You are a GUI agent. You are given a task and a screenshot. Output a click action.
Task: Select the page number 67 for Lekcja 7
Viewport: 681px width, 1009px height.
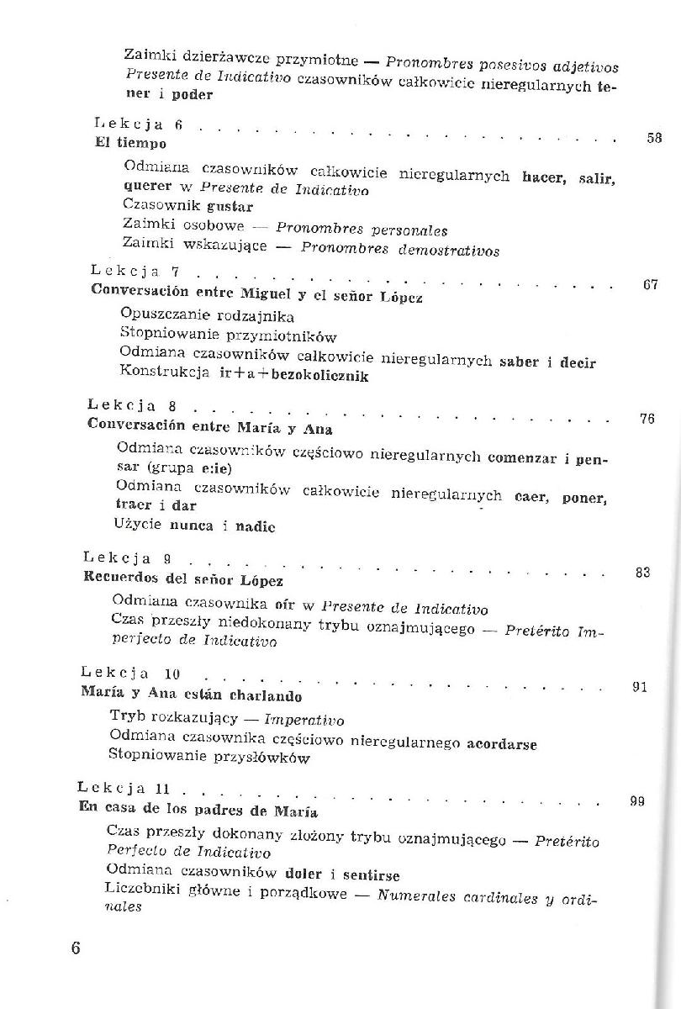[x=650, y=285]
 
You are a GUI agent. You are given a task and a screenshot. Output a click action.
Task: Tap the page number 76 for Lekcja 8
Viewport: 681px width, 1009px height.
[x=647, y=419]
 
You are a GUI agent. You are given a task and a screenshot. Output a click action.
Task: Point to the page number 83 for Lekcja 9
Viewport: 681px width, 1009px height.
[x=643, y=573]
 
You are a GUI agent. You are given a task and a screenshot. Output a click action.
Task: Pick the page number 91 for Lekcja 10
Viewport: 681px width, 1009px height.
[x=639, y=687]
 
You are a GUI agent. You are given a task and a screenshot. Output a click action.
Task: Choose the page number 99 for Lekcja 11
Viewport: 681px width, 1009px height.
[x=636, y=801]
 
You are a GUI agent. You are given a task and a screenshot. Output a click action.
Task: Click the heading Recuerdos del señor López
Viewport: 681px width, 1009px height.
[x=184, y=579]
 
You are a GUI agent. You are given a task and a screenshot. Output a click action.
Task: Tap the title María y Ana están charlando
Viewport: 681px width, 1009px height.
[x=192, y=695]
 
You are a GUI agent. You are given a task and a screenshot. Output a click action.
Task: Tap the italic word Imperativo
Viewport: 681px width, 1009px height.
[x=304, y=721]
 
